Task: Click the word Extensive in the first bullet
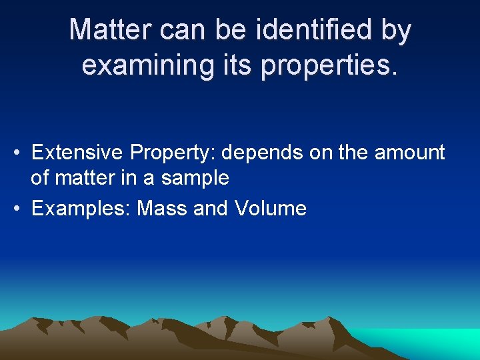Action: [77, 153]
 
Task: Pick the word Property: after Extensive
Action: [173, 153]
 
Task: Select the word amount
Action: [409, 153]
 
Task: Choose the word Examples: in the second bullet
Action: [81, 209]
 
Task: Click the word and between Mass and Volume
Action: [211, 209]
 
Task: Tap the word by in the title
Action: [395, 30]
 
